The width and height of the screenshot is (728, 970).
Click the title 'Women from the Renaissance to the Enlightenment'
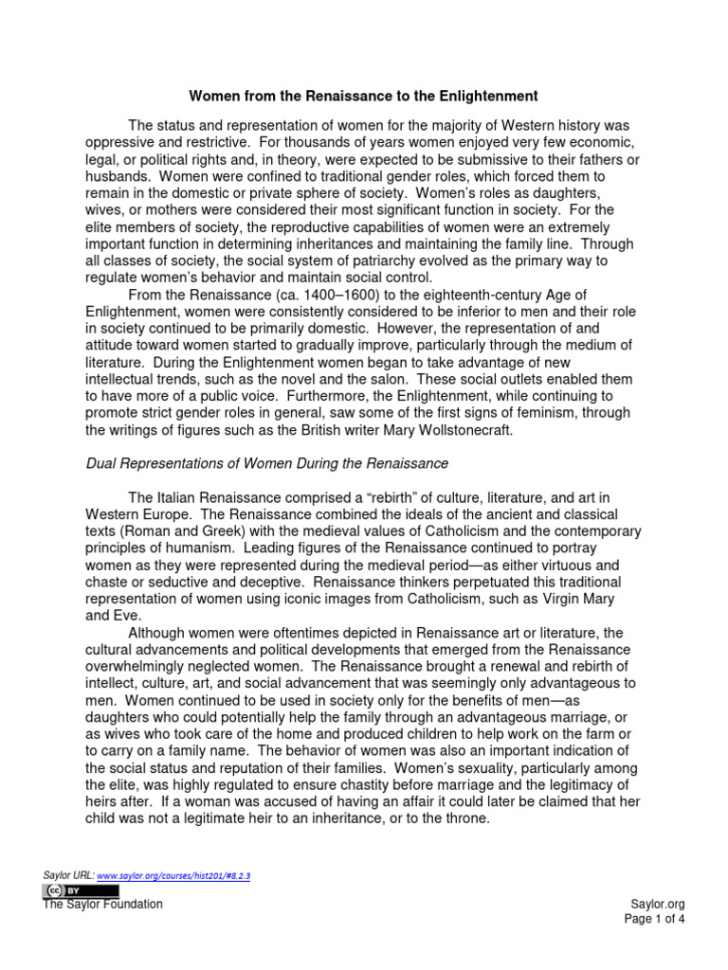click(x=364, y=96)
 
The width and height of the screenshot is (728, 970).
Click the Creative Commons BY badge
click(x=81, y=891)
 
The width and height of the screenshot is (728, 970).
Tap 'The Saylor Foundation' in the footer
click(x=102, y=905)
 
